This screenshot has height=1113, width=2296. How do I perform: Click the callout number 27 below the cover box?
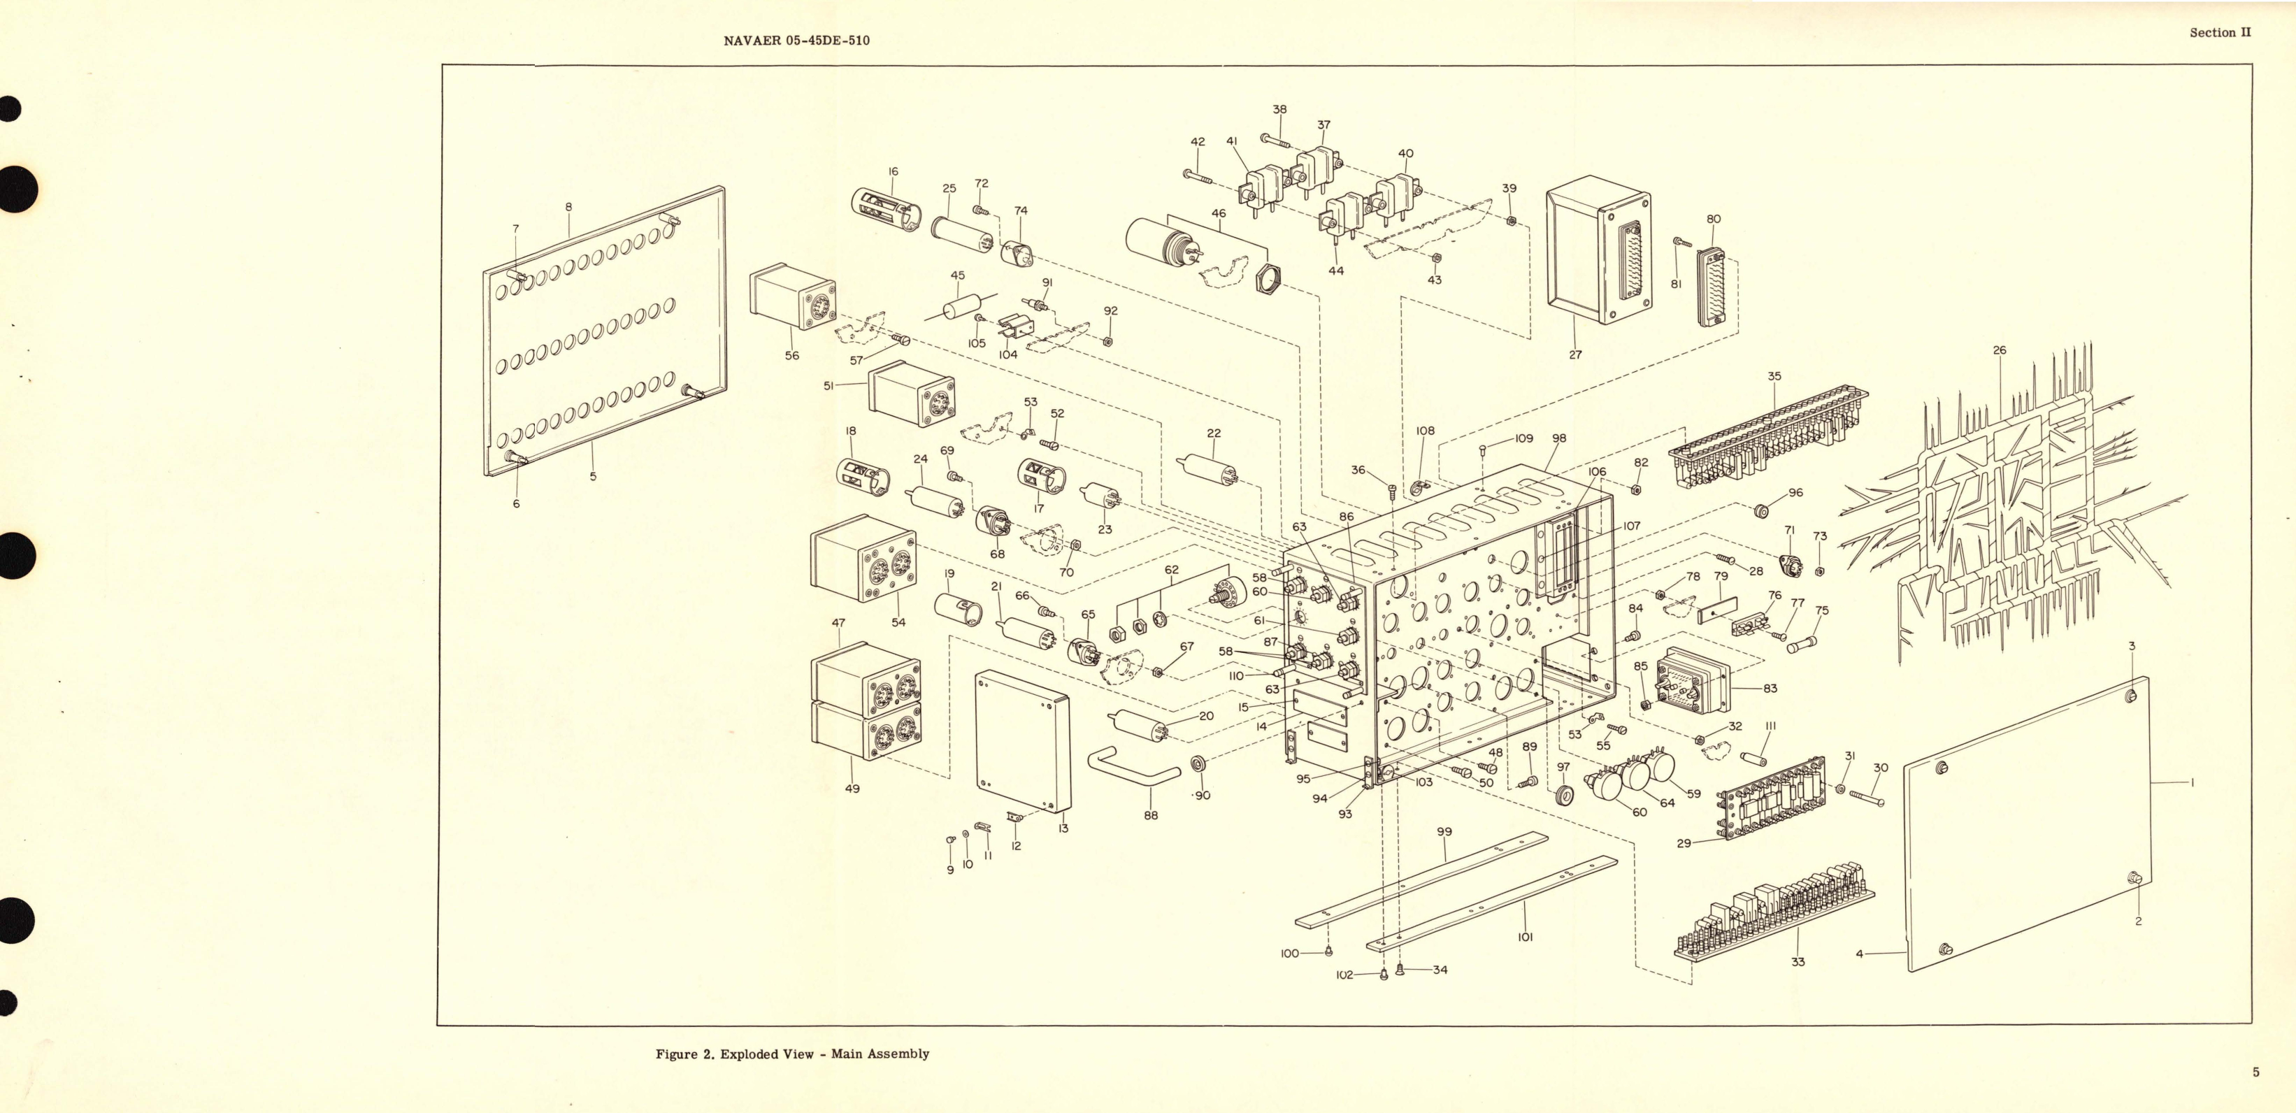pyautogui.click(x=1575, y=354)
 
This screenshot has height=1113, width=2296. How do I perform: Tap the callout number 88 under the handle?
pyautogui.click(x=1151, y=815)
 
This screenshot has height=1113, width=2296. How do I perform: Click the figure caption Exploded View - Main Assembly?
pyautogui.click(x=792, y=1054)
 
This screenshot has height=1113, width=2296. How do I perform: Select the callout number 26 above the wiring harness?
pyautogui.click(x=1999, y=350)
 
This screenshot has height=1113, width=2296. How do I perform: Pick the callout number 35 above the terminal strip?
pyautogui.click(x=1774, y=376)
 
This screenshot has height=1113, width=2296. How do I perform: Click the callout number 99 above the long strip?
pyautogui.click(x=1444, y=832)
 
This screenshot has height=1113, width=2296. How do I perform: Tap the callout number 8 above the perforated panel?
pyautogui.click(x=568, y=207)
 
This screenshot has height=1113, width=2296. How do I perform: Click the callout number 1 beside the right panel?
pyautogui.click(x=2193, y=783)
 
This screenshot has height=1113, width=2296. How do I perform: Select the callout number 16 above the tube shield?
pyautogui.click(x=892, y=172)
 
